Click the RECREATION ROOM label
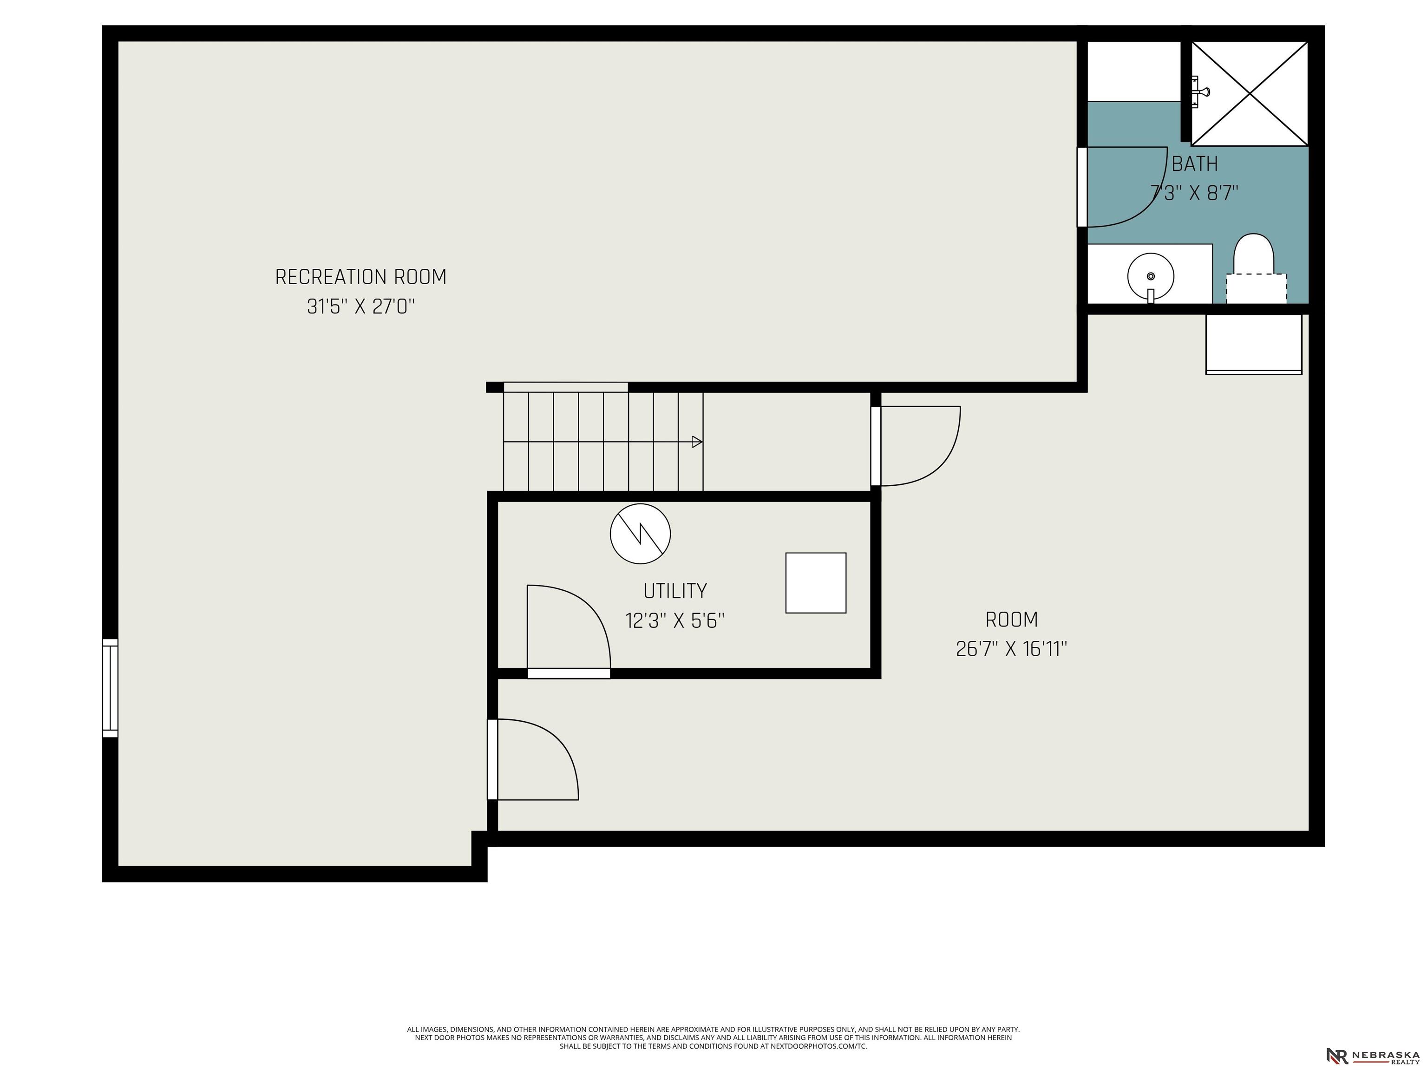pyautogui.click(x=360, y=277)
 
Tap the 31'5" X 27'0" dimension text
pyautogui.click(x=360, y=307)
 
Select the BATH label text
pyautogui.click(x=1195, y=164)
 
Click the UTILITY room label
pyautogui.click(x=675, y=591)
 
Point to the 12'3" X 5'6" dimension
pyautogui.click(x=675, y=620)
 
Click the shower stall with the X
pyautogui.click(x=1250, y=93)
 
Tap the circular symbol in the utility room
pyautogui.click(x=640, y=534)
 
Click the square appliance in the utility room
pyautogui.click(x=815, y=583)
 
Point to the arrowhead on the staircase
pyautogui.click(x=697, y=442)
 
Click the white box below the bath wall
pyautogui.click(x=1253, y=344)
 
